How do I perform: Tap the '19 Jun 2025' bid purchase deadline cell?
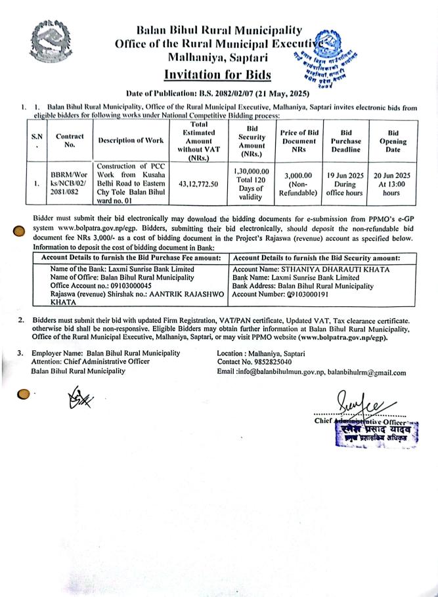pyautogui.click(x=344, y=184)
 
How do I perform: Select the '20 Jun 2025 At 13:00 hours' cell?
pyautogui.click(x=393, y=184)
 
